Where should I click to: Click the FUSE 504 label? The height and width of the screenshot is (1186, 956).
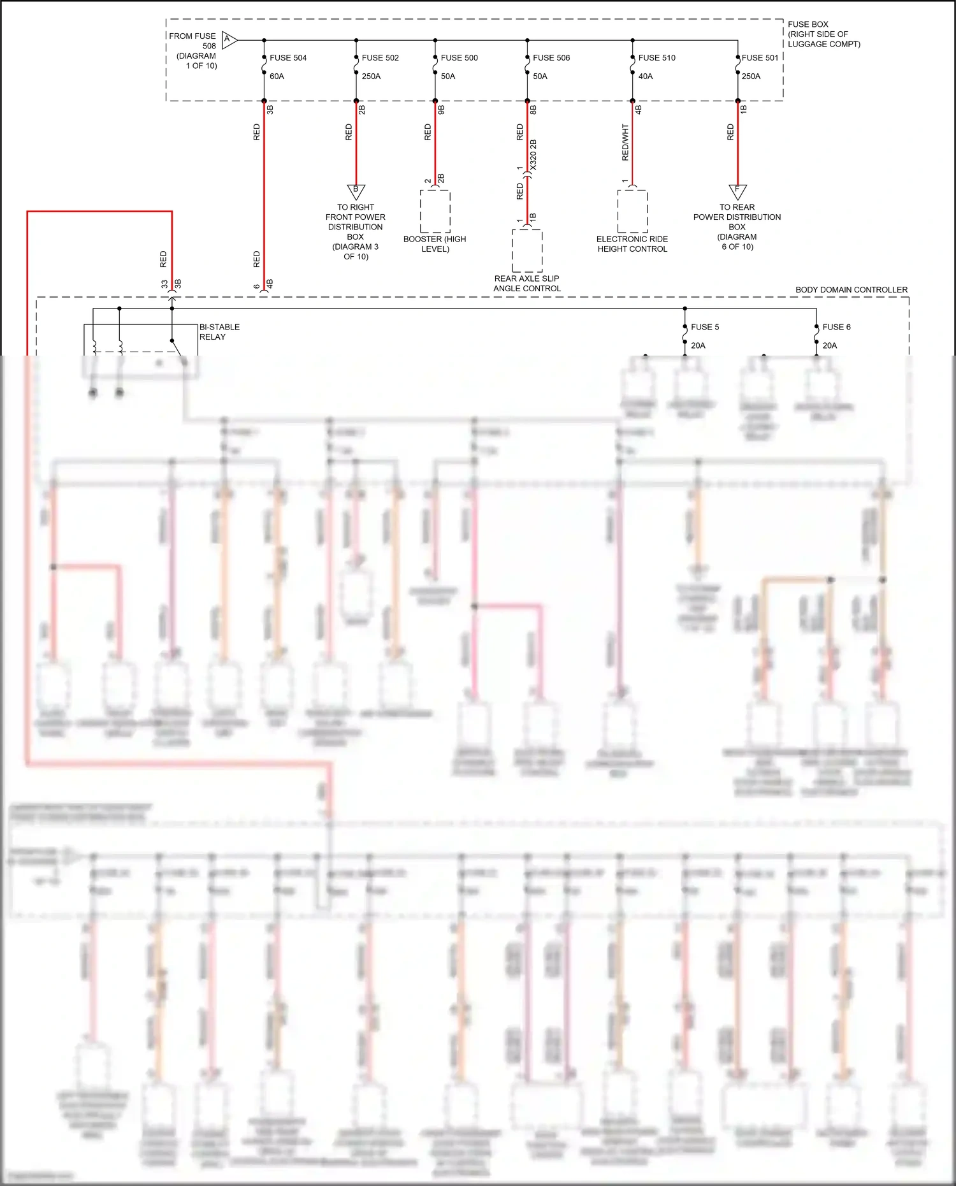tap(288, 58)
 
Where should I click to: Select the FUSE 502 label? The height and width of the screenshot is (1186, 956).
tap(380, 58)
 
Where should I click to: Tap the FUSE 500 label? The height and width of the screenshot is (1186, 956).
tap(459, 58)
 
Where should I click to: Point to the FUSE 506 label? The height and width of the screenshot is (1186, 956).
tap(551, 58)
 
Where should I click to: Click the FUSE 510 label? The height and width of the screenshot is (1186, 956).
tap(656, 58)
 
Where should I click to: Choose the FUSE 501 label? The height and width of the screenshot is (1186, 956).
tap(760, 58)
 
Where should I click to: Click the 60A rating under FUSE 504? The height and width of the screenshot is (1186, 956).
tap(277, 76)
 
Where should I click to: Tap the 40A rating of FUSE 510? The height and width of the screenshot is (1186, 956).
tap(645, 76)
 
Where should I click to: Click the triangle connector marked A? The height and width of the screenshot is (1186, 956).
tap(229, 40)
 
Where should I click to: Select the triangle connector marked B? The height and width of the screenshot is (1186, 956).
tap(356, 191)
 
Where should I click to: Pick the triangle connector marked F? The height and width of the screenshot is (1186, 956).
tap(737, 191)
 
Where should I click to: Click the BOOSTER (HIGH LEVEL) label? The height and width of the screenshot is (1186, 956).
tap(435, 244)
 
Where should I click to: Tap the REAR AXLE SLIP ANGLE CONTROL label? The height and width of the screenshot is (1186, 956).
tap(527, 284)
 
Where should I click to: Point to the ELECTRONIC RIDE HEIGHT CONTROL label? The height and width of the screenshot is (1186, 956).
tap(632, 244)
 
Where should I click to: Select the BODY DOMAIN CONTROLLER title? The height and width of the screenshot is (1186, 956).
tap(851, 290)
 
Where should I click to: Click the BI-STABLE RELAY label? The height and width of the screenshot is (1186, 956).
tap(219, 332)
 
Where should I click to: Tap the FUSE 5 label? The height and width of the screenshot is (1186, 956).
tap(705, 327)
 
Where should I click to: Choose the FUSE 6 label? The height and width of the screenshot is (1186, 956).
tap(836, 327)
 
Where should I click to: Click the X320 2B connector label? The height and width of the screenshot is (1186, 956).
tap(533, 155)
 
